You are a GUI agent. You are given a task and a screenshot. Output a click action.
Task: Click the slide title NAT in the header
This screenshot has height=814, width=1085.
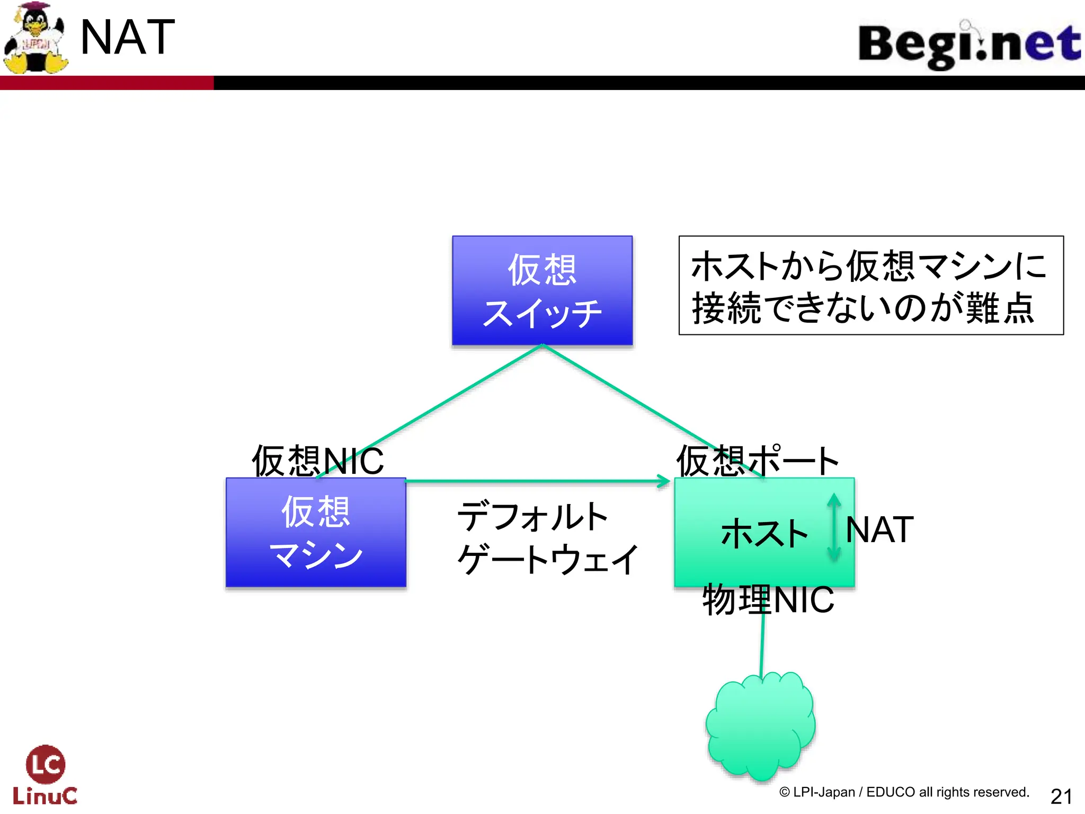[127, 37]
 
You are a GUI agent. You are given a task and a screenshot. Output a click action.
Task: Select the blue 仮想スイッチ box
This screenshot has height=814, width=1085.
[542, 290]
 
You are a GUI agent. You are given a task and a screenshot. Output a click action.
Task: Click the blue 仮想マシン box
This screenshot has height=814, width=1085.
[316, 532]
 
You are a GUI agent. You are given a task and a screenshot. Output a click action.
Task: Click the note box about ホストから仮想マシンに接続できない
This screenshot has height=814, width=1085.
[870, 286]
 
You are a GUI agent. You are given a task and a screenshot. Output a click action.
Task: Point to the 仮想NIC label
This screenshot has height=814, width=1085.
[317, 460]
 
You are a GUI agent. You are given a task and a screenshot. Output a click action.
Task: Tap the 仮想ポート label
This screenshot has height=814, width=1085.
[758, 460]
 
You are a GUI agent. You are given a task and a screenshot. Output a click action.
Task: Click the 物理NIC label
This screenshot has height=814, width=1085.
[768, 600]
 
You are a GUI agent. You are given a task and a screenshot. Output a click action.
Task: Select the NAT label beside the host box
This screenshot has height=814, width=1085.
[879, 529]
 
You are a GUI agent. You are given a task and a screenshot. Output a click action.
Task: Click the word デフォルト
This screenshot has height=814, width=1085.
[532, 517]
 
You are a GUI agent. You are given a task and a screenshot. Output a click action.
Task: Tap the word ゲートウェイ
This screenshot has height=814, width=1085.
[548, 560]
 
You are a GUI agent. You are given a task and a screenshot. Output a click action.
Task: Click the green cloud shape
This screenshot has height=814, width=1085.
[761, 726]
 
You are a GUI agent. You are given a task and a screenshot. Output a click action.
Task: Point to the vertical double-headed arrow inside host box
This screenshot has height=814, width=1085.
[834, 527]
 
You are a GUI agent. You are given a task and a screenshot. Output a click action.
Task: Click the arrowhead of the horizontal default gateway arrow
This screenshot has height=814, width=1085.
[664, 481]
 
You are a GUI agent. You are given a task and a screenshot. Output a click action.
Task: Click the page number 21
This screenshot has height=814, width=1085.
[1061, 796]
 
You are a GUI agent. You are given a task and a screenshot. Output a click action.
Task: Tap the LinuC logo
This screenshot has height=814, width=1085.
[45, 775]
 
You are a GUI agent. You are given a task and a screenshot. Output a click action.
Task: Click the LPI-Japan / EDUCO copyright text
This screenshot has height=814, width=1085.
[904, 792]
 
